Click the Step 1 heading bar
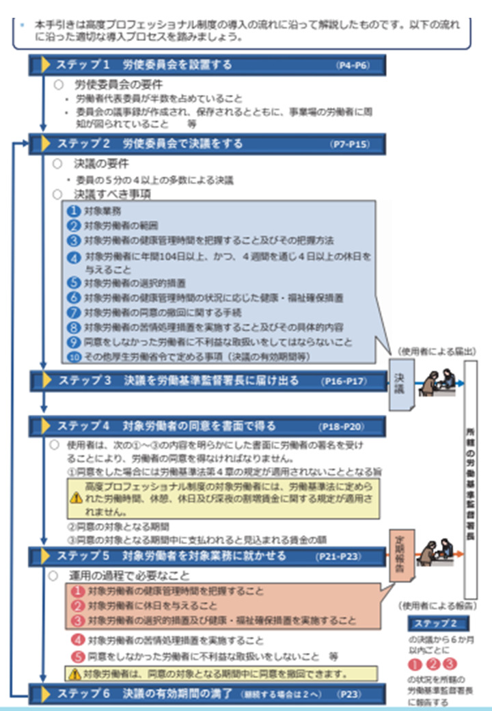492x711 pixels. [205, 65]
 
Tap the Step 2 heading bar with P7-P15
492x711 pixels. [205, 144]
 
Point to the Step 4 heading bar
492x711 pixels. [205, 427]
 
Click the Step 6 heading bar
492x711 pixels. [205, 694]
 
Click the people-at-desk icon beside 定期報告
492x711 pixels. [437, 552]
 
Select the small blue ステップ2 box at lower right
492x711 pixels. [437, 623]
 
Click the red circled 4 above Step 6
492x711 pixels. [79, 641]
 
